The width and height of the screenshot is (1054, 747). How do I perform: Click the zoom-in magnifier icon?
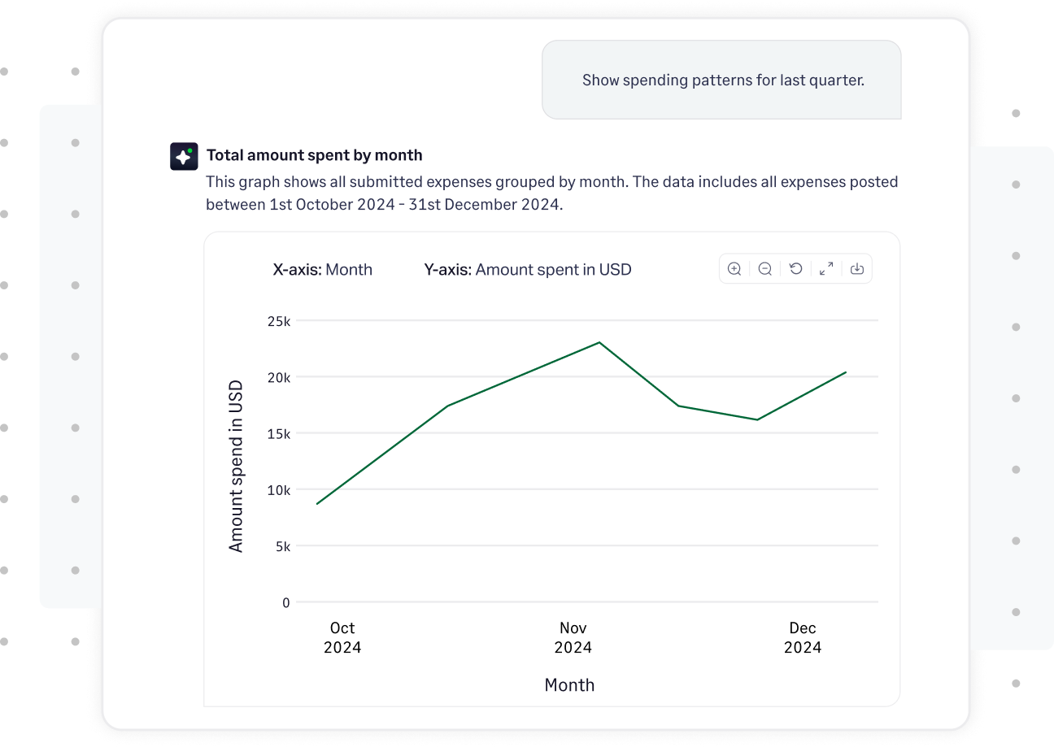[x=734, y=269]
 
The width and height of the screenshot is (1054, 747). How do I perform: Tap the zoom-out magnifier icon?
[x=764, y=269]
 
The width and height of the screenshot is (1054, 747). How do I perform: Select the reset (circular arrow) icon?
[x=795, y=269]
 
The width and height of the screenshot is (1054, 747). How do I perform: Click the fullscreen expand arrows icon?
[x=826, y=269]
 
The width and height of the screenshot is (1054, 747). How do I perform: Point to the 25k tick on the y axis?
[x=279, y=321]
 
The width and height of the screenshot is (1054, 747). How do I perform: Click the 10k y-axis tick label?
[x=279, y=490]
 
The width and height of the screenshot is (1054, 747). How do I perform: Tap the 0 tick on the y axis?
[x=285, y=603]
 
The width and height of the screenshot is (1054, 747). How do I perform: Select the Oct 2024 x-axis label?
[x=342, y=638]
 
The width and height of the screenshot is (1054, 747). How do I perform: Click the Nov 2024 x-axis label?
[x=573, y=638]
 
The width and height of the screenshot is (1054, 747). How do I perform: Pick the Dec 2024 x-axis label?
[x=802, y=638]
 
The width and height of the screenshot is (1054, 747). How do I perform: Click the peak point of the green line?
[x=599, y=342]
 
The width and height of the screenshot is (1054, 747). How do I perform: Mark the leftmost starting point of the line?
[x=317, y=504]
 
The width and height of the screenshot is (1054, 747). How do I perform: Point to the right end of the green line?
[x=846, y=372]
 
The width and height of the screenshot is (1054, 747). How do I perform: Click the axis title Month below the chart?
[x=569, y=685]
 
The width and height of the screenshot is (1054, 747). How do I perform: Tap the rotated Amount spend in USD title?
[x=236, y=467]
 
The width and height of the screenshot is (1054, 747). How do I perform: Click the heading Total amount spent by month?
[x=314, y=155]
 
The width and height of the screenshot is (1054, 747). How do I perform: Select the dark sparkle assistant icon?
[x=184, y=156]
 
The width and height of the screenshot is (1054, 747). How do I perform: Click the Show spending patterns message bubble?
[x=721, y=80]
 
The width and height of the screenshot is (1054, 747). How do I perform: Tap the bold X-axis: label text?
[x=297, y=270]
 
